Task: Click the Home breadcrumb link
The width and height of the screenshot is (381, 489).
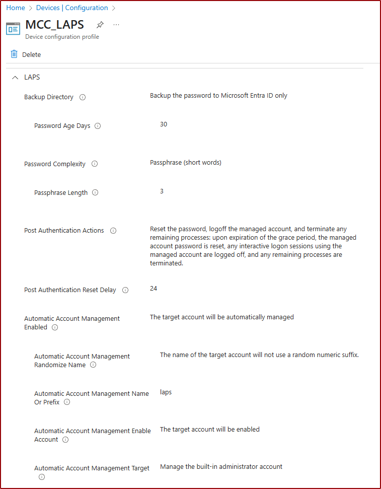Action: pyautogui.click(x=16, y=8)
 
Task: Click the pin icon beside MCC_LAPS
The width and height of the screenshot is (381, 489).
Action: pyautogui.click(x=100, y=25)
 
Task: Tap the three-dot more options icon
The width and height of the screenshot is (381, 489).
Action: pyautogui.click(x=116, y=25)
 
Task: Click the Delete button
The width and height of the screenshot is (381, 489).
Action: pyautogui.click(x=26, y=54)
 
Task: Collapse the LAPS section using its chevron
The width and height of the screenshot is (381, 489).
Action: pyautogui.click(x=15, y=78)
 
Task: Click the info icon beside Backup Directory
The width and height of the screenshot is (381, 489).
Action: pyautogui.click(x=83, y=97)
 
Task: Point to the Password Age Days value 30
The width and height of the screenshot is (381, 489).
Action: pyautogui.click(x=164, y=124)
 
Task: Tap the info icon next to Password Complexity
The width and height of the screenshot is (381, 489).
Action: pyautogui.click(x=95, y=164)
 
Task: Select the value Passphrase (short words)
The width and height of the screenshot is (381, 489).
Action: pyautogui.click(x=186, y=163)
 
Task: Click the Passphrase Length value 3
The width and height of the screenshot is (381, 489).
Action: pyautogui.click(x=162, y=191)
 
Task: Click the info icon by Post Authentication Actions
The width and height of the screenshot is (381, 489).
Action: pyautogui.click(x=113, y=231)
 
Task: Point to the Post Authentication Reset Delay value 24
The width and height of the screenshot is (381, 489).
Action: pyautogui.click(x=154, y=289)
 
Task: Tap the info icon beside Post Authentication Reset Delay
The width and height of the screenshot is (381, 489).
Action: pyautogui.click(x=125, y=290)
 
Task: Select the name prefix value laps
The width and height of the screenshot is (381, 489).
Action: pyautogui.click(x=166, y=392)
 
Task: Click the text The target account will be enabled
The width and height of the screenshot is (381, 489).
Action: pyautogui.click(x=209, y=430)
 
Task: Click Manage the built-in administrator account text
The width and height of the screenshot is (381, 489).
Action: pyautogui.click(x=221, y=467)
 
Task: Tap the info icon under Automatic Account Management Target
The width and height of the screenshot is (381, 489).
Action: pyautogui.click(x=42, y=477)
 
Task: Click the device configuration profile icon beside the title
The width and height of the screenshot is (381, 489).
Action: pyautogui.click(x=13, y=29)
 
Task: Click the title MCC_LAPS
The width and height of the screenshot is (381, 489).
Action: pyautogui.click(x=54, y=25)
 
